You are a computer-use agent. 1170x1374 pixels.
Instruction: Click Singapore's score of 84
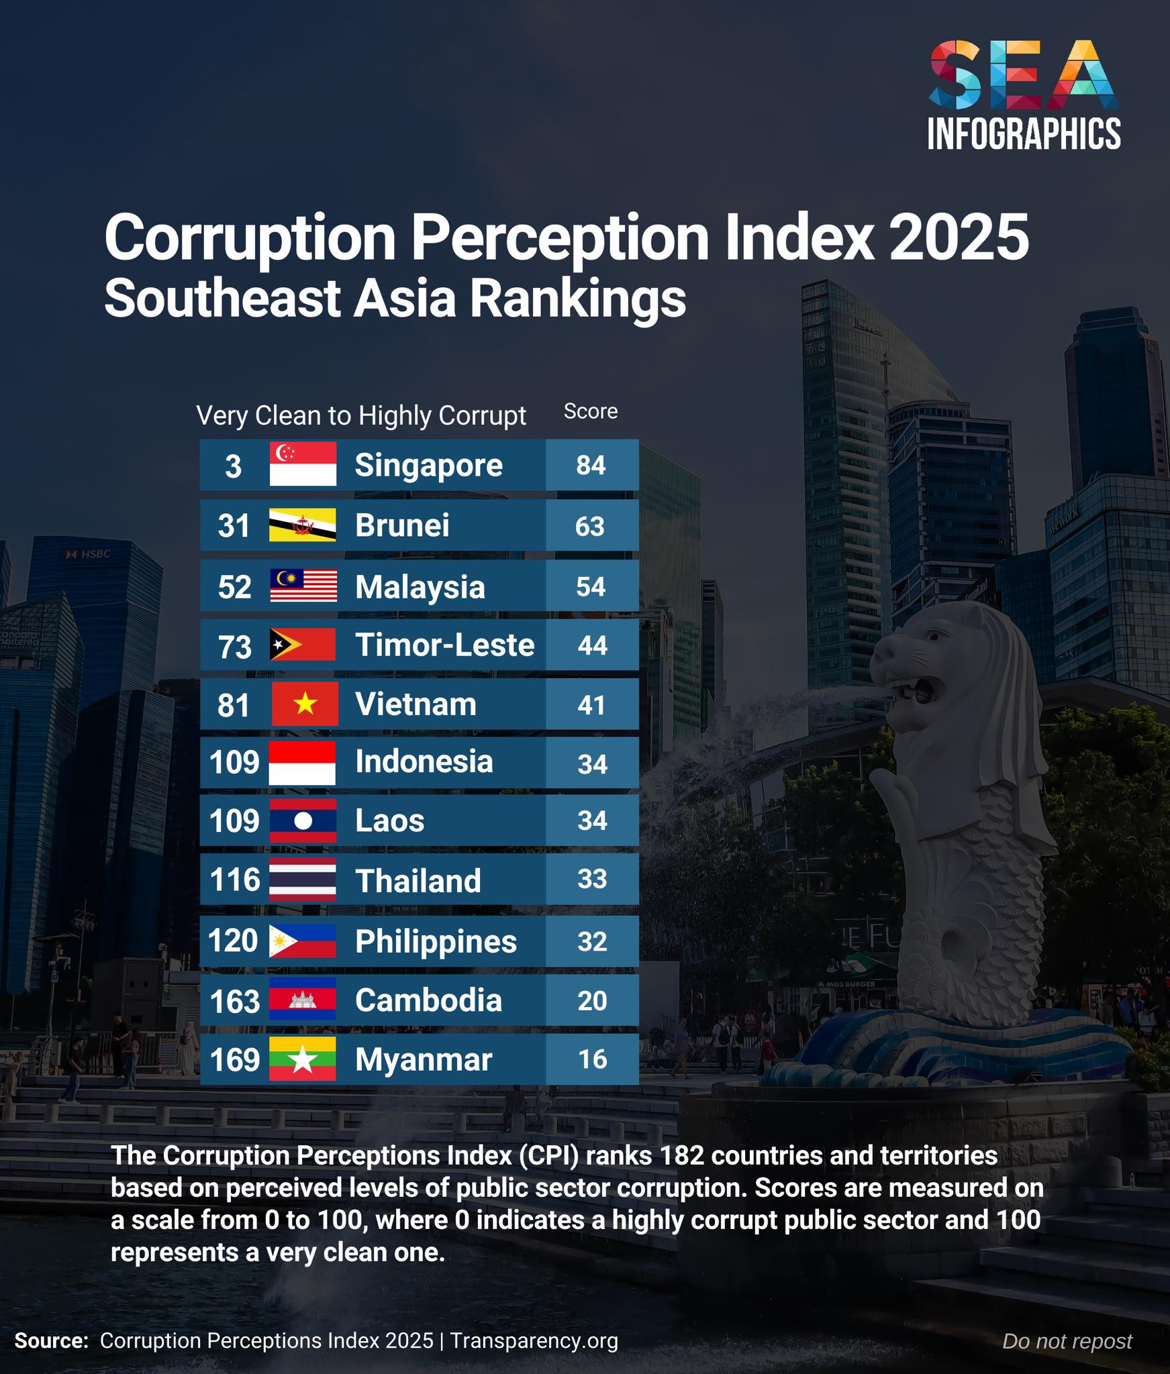[x=591, y=465]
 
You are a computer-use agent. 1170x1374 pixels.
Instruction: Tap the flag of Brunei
[x=303, y=525]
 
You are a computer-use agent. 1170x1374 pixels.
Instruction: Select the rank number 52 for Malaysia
[x=234, y=587]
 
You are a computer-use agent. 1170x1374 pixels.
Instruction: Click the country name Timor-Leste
[x=444, y=645]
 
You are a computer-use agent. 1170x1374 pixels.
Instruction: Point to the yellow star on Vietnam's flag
[x=305, y=704]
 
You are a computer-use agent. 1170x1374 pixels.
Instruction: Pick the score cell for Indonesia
[x=592, y=763]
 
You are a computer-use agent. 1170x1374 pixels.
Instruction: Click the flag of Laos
[x=303, y=821]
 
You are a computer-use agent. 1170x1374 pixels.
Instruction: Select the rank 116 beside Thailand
[x=234, y=880]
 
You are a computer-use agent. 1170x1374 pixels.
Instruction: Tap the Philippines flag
[x=302, y=941]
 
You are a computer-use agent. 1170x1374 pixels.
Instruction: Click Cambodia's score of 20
[x=592, y=1000]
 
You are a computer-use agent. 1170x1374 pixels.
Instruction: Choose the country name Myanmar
[x=424, y=1060]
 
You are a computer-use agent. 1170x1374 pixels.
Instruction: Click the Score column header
[x=591, y=411]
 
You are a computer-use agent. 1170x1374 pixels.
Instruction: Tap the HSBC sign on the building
[x=89, y=554]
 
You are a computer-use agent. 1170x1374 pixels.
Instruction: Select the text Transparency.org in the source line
[x=534, y=1340]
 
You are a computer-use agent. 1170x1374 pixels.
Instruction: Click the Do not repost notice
[x=1067, y=1341]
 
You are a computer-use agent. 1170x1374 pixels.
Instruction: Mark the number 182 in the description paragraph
[x=681, y=1155]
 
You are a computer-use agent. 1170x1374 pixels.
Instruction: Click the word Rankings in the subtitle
[x=577, y=299]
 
